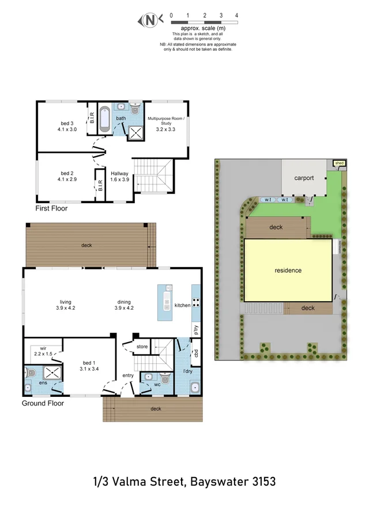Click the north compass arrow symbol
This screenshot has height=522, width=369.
tap(149, 21)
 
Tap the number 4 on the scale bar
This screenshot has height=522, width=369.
tap(236, 16)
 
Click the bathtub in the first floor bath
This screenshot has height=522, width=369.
tap(104, 119)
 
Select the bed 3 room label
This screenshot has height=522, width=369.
tap(67, 126)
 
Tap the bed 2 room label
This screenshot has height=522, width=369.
tap(67, 176)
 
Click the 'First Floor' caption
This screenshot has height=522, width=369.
tap(51, 208)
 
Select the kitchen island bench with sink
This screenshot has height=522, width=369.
tap(165, 303)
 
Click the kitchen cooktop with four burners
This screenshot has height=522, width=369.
tap(195, 303)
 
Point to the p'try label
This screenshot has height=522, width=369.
tap(196, 330)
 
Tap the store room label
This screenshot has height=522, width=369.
tap(142, 347)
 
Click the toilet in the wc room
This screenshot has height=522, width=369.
tap(165, 379)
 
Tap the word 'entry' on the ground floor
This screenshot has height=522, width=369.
tap(127, 375)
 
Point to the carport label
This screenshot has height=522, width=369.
tap(304, 178)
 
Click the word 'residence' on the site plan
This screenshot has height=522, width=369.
tap(288, 270)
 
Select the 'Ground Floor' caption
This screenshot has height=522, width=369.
tap(43, 403)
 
